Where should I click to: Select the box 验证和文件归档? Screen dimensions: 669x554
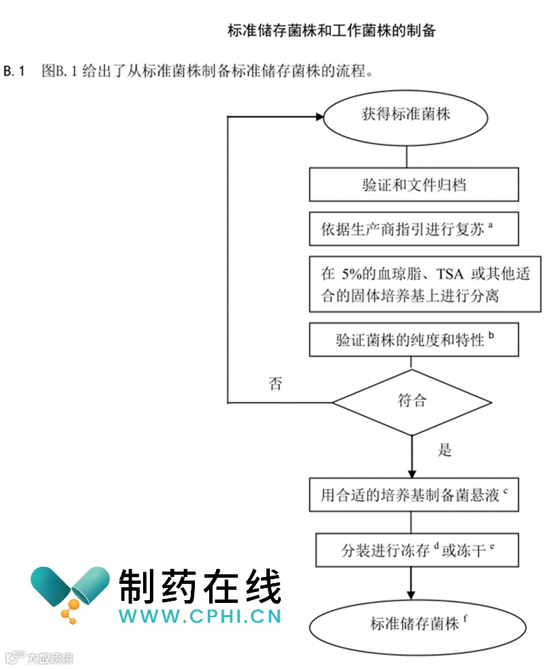(414, 185)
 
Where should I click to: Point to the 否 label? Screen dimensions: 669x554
(275, 384)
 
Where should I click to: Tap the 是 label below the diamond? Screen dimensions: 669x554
(445, 450)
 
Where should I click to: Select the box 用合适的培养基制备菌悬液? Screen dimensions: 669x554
(414, 495)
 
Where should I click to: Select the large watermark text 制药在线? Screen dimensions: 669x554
(200, 587)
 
